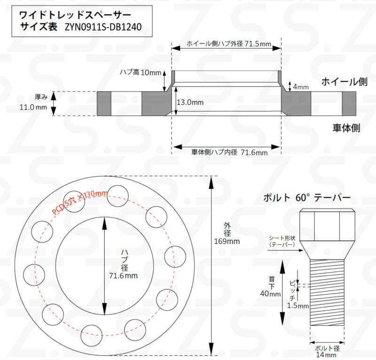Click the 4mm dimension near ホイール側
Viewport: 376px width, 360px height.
[301, 87]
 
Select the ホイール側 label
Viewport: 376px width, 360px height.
[344, 82]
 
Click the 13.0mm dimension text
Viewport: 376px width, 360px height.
[190, 102]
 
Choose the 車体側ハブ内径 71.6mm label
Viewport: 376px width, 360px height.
[229, 152]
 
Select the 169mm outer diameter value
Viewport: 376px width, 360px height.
[227, 242]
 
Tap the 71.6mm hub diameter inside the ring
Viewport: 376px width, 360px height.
[123, 275]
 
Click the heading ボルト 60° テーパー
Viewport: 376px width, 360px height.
[307, 198]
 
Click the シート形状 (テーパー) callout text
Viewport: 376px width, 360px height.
[282, 241]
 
